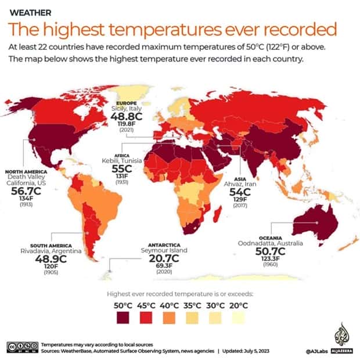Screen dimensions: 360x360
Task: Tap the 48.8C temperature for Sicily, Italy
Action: coord(125,117)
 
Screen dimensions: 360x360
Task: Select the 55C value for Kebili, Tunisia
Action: coord(123,169)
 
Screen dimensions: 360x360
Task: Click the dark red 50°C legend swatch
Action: coord(123,316)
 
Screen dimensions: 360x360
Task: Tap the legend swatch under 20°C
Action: coord(238,316)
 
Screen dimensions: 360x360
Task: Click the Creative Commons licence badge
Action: coord(23,347)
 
